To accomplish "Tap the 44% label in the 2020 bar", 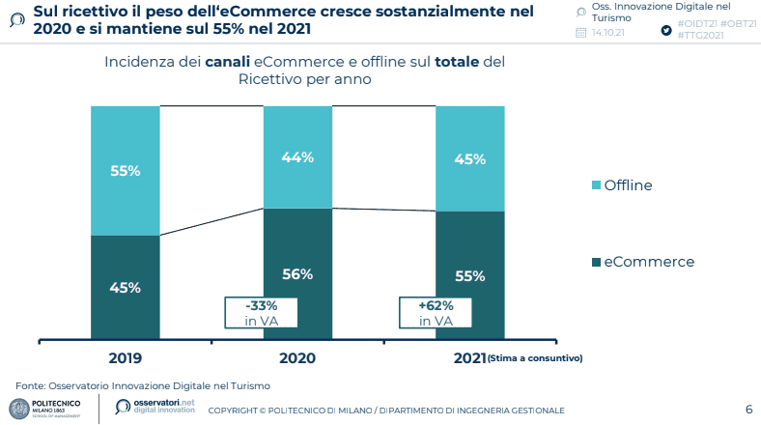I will click(297, 157).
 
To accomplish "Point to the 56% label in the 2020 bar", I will click(297, 274).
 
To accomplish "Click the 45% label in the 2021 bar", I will click(469, 159).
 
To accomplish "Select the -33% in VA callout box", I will click(262, 313).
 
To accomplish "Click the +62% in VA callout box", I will click(435, 313).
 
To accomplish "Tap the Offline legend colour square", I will click(596, 185).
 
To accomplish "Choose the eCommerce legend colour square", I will click(596, 262).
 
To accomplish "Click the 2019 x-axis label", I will click(126, 358).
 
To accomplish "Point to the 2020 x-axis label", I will click(297, 358).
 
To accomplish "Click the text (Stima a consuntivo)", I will click(535, 359).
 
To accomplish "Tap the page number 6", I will click(748, 409).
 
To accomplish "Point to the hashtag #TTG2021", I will click(704, 34).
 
